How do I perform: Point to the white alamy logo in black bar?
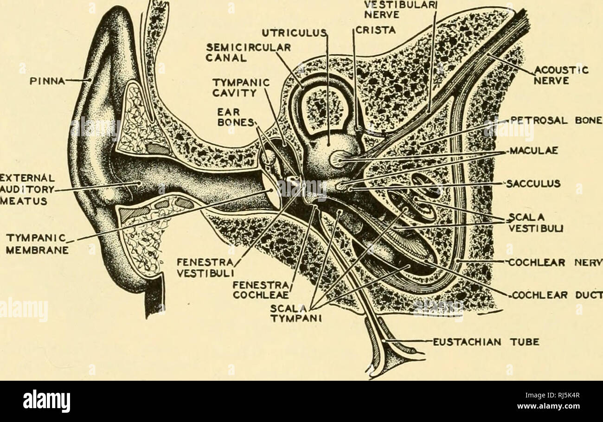tap(47, 401)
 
